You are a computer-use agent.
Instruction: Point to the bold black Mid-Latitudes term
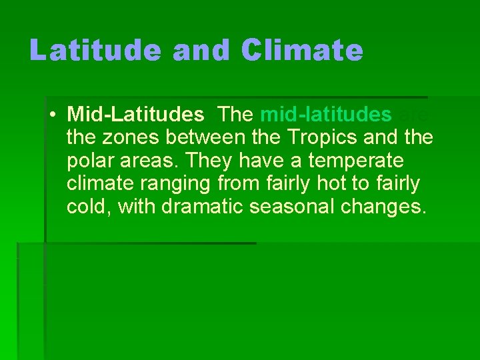(136, 115)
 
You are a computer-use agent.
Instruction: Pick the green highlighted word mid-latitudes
(326, 115)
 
